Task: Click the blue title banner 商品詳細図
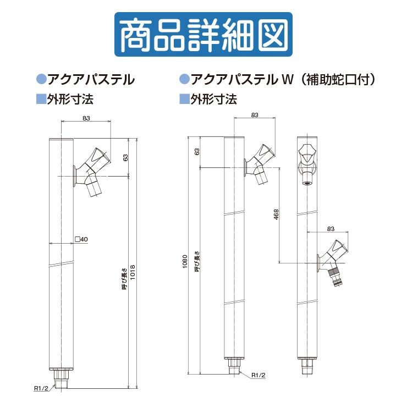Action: coord(204,34)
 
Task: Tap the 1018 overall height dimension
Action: coord(133,272)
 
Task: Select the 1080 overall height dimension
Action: coord(185,262)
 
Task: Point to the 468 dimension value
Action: coord(276,215)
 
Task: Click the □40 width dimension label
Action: coord(81,239)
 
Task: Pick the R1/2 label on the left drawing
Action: coord(41,388)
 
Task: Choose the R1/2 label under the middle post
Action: coord(258,375)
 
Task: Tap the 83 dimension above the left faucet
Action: coord(86,118)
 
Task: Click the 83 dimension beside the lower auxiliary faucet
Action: coord(331,229)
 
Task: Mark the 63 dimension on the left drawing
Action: coord(125,157)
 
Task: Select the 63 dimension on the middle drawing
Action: coord(197,152)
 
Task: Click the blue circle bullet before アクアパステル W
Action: coord(184,79)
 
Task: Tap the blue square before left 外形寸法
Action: coord(41,99)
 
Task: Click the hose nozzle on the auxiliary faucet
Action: coord(335,278)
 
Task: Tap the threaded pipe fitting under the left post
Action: coord(61,380)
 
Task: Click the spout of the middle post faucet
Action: coord(261,177)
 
